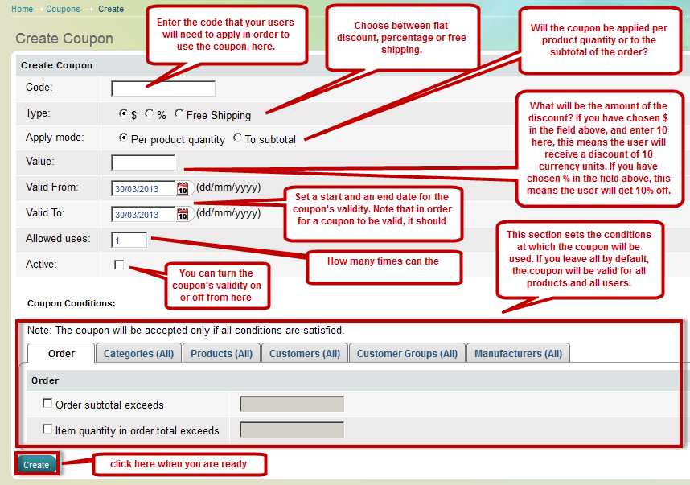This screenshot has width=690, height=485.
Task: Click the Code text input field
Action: (x=163, y=88)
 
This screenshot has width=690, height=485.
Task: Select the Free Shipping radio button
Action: (x=179, y=113)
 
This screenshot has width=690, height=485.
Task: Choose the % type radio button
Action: (x=150, y=113)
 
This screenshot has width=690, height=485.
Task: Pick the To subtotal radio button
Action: (x=237, y=138)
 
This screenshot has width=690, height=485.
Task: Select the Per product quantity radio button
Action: (x=123, y=138)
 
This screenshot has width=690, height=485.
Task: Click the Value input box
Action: (x=143, y=162)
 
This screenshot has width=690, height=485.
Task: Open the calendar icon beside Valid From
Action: (x=183, y=188)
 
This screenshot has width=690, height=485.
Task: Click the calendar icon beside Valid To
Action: (x=183, y=214)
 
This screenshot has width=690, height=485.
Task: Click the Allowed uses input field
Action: (x=129, y=240)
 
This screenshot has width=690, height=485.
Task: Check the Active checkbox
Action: (x=119, y=265)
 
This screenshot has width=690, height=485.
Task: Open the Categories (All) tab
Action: (x=138, y=353)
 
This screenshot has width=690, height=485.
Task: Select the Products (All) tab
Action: (x=221, y=353)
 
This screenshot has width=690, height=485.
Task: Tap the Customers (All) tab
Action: (x=305, y=353)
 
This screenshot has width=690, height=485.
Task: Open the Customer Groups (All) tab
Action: (x=407, y=353)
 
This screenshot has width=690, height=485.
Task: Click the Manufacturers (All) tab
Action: (x=518, y=353)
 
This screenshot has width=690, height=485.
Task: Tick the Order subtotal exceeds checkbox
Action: (x=47, y=403)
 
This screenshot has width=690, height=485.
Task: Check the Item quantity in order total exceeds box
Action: (x=47, y=429)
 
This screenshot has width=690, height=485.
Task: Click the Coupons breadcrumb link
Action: (x=63, y=9)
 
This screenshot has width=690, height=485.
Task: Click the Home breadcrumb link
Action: (x=22, y=9)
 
